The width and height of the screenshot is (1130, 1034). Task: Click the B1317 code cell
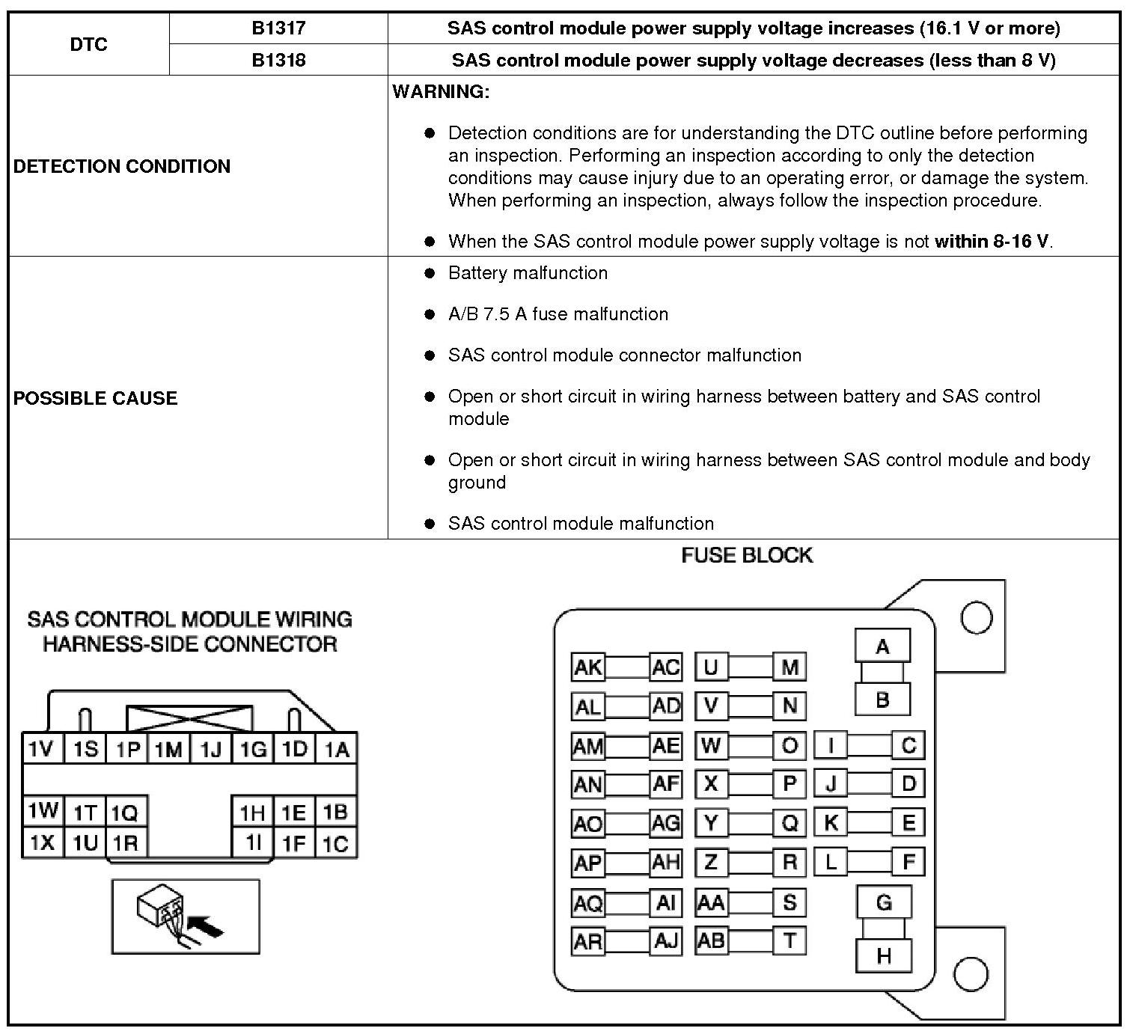(x=278, y=28)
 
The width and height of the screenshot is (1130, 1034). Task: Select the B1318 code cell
(x=278, y=60)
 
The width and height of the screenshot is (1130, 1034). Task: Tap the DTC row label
(x=89, y=44)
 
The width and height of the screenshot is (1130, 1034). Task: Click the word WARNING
(x=441, y=92)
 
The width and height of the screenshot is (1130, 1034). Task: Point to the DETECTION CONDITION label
(x=122, y=166)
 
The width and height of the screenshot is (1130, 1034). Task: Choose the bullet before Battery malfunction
(x=430, y=274)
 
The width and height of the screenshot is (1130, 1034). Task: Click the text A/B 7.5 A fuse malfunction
(x=558, y=314)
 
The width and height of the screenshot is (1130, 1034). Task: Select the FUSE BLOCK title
(x=747, y=555)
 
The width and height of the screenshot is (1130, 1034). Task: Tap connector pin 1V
(x=42, y=749)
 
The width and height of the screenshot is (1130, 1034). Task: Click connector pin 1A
(x=337, y=749)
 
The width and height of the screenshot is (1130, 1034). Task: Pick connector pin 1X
(x=42, y=843)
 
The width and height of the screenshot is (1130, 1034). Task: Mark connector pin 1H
(x=252, y=813)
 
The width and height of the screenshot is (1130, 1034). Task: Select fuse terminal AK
(x=587, y=667)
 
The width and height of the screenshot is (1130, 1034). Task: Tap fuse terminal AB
(x=711, y=940)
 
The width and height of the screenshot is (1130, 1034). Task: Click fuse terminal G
(x=884, y=902)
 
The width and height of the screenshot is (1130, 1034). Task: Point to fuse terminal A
(x=882, y=646)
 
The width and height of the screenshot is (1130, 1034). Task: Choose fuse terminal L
(x=831, y=862)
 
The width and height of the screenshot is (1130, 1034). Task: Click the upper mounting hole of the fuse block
(x=976, y=618)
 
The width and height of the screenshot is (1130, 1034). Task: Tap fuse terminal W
(x=711, y=745)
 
